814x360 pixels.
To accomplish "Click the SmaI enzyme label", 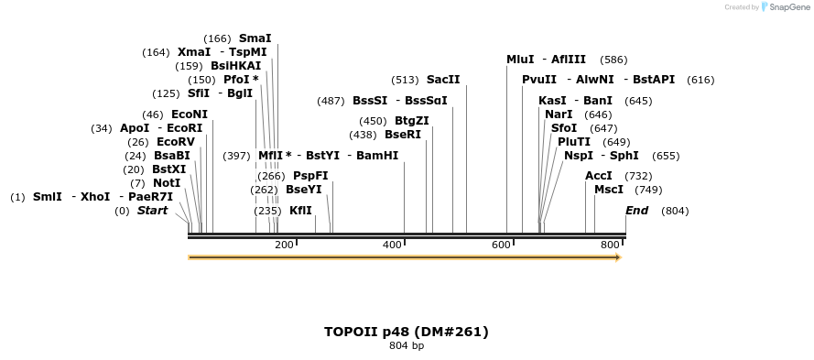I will click(x=255, y=38).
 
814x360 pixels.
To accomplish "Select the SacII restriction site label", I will click(x=443, y=80).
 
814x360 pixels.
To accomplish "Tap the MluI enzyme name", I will click(x=520, y=60).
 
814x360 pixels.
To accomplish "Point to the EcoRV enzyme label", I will click(x=175, y=142).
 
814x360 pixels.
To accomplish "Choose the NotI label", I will click(x=167, y=183).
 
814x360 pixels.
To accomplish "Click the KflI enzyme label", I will click(x=300, y=211).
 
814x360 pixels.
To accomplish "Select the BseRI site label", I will click(x=403, y=135).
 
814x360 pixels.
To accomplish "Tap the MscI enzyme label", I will click(x=609, y=190).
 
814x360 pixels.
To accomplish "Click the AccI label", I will click(x=599, y=176).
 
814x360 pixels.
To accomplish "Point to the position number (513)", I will click(x=405, y=80).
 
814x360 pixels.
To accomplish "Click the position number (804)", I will click(x=675, y=211).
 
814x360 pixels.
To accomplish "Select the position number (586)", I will click(x=613, y=60).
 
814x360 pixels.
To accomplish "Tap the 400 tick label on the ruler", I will click(x=392, y=245).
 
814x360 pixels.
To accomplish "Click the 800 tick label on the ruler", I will click(x=610, y=245).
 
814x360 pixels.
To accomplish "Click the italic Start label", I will click(x=152, y=211).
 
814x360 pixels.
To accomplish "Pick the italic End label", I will click(x=636, y=211).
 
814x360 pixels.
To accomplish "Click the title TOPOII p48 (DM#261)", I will click(x=407, y=332).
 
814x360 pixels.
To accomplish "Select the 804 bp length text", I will click(x=407, y=346).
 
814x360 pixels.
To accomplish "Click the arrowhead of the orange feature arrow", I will click(x=618, y=257).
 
